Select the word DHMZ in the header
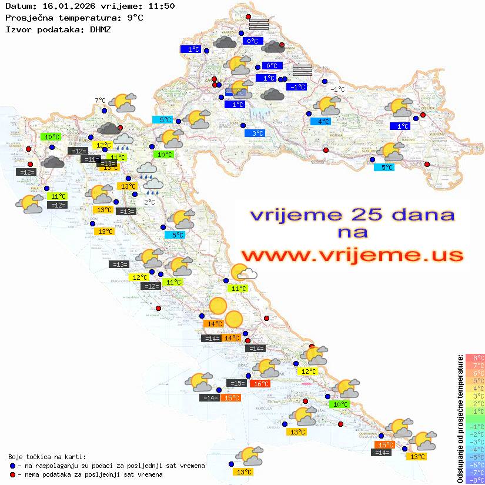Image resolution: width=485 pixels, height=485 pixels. coord(101,28)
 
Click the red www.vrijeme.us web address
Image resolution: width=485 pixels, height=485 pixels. coord(352,255)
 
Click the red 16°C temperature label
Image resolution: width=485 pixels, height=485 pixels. coord(260,384)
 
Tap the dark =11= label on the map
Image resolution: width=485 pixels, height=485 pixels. coord(91,159)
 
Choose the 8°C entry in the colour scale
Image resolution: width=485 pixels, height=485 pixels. coord(474,358)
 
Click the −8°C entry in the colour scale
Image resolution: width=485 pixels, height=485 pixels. coord(474,480)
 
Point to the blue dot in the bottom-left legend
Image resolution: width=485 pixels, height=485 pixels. coord(12,466)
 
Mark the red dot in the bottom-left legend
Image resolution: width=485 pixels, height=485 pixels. coord(12,474)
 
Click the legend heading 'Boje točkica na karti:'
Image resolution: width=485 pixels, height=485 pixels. coord(47,457)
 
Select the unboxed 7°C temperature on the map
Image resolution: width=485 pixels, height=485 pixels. coord(100,101)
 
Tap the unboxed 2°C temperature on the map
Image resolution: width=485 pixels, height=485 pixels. coord(149,202)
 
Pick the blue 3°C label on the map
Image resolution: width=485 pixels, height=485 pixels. coord(255,133)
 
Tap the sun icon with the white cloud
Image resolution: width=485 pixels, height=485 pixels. coord(243,273)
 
